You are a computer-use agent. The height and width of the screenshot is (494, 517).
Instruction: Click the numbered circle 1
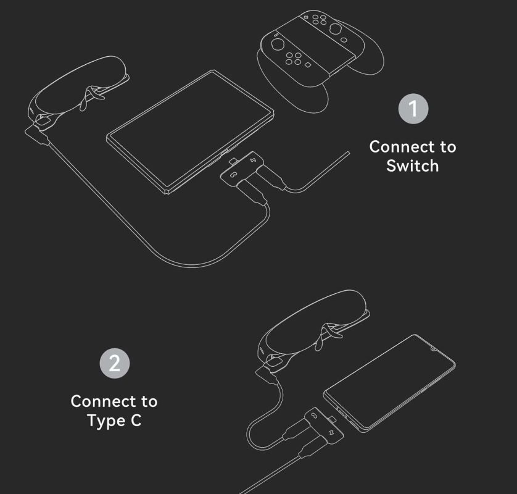[x=413, y=109]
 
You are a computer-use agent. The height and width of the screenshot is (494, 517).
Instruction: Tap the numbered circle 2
[x=114, y=363]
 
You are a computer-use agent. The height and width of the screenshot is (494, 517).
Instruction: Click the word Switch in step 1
[x=413, y=165]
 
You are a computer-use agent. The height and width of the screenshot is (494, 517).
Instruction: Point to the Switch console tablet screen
[x=190, y=132]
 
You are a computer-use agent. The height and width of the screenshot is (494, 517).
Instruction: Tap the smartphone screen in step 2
[x=389, y=383]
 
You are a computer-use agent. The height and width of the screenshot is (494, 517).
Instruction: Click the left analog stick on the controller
[x=277, y=44]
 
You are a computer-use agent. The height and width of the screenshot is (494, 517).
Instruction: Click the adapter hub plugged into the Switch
[x=242, y=168]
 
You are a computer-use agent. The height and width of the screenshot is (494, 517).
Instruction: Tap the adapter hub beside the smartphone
[x=324, y=424]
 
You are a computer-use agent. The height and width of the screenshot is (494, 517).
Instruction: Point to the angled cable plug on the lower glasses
[x=267, y=375]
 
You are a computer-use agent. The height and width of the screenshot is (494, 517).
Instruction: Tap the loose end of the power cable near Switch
[x=349, y=152]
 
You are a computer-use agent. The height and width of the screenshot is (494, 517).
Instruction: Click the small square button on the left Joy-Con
[x=308, y=65]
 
